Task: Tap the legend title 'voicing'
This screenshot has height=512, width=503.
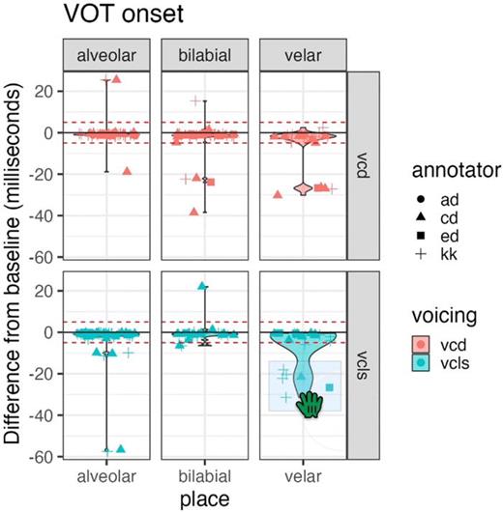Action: click(x=411, y=316)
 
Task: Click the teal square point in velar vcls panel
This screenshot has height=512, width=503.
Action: click(x=330, y=387)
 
